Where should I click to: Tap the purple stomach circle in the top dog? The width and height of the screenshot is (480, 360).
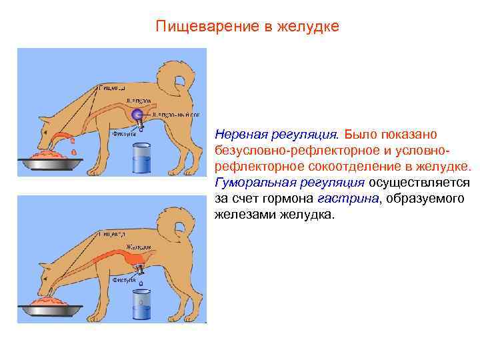(x=137, y=115)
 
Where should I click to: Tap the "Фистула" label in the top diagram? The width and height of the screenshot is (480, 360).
(x=124, y=133)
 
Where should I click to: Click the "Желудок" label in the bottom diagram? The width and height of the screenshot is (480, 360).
(x=138, y=245)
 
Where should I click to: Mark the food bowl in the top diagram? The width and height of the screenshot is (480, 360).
(x=47, y=161)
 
